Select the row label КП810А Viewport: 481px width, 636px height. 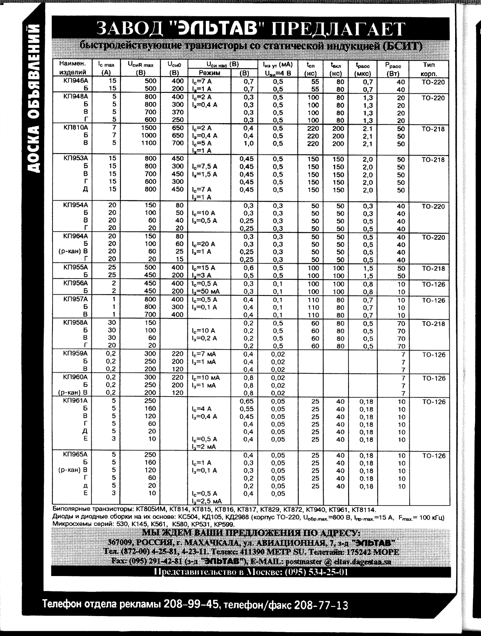76,128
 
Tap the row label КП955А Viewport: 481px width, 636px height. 76,267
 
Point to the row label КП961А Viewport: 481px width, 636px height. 76,401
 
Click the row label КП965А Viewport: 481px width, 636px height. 76,455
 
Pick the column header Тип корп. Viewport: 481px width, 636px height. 429,69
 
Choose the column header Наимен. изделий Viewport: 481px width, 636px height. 73,68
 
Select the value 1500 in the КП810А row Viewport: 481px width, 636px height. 148,128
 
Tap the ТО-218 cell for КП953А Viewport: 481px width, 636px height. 433,159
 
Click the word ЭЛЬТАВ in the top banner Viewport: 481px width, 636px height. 219,29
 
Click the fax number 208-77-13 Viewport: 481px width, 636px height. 321,605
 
